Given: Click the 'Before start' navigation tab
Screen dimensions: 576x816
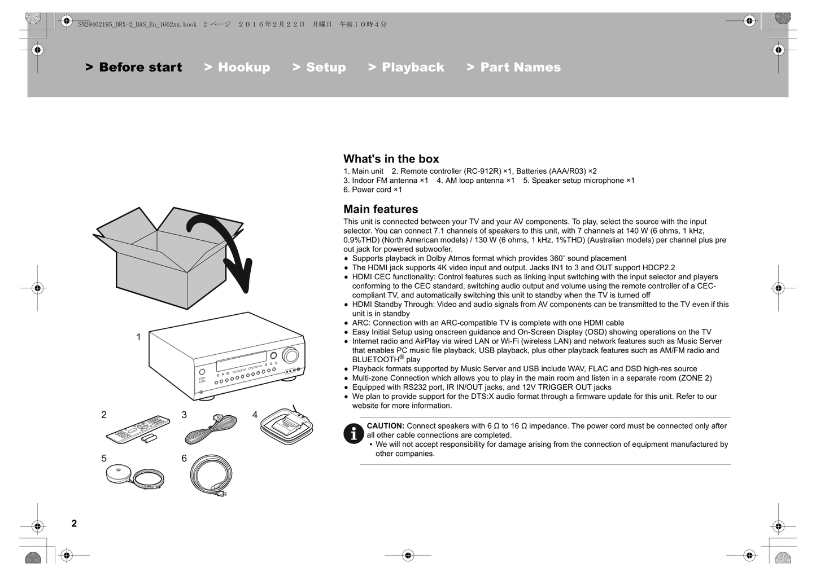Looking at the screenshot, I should [134, 67].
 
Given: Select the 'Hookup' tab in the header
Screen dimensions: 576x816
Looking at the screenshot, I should [237, 67].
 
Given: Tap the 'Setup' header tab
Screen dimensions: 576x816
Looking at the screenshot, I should [319, 67].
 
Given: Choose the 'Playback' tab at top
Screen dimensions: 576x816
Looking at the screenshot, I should [406, 67].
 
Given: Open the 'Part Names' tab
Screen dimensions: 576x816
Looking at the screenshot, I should [514, 67].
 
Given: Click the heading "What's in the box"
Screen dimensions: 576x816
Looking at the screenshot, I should [391, 159].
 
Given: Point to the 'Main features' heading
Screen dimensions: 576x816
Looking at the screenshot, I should [381, 209].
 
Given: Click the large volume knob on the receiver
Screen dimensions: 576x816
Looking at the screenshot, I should [291, 355].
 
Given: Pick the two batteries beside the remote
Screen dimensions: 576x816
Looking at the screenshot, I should [150, 438].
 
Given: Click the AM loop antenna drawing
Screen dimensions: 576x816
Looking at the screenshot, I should [287, 426].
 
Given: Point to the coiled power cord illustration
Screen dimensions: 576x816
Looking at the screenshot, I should [211, 475].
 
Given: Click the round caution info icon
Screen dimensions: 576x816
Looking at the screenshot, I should [354, 433].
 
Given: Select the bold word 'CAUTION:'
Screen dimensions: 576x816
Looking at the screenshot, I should [385, 426].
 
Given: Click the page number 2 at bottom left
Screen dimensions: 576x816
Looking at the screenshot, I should [74, 524].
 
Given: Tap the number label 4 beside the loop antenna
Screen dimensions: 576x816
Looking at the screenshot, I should [255, 415].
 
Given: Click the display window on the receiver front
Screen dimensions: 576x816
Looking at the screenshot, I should [241, 361].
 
